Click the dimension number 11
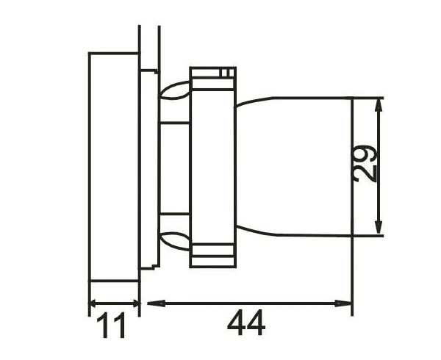pyautogui.click(x=111, y=325)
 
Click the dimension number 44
pyautogui.click(x=246, y=323)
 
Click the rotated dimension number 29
pyautogui.click(x=365, y=164)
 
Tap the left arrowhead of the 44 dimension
pyautogui.click(x=157, y=303)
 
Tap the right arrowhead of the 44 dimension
pyautogui.click(x=343, y=303)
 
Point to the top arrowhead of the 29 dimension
pyautogui.click(x=379, y=107)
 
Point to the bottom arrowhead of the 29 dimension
pyautogui.click(x=379, y=226)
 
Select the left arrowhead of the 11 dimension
pyautogui.click(x=93, y=303)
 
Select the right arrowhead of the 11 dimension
pyautogui.click(x=136, y=303)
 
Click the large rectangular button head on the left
pyautogui.click(x=114, y=167)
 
